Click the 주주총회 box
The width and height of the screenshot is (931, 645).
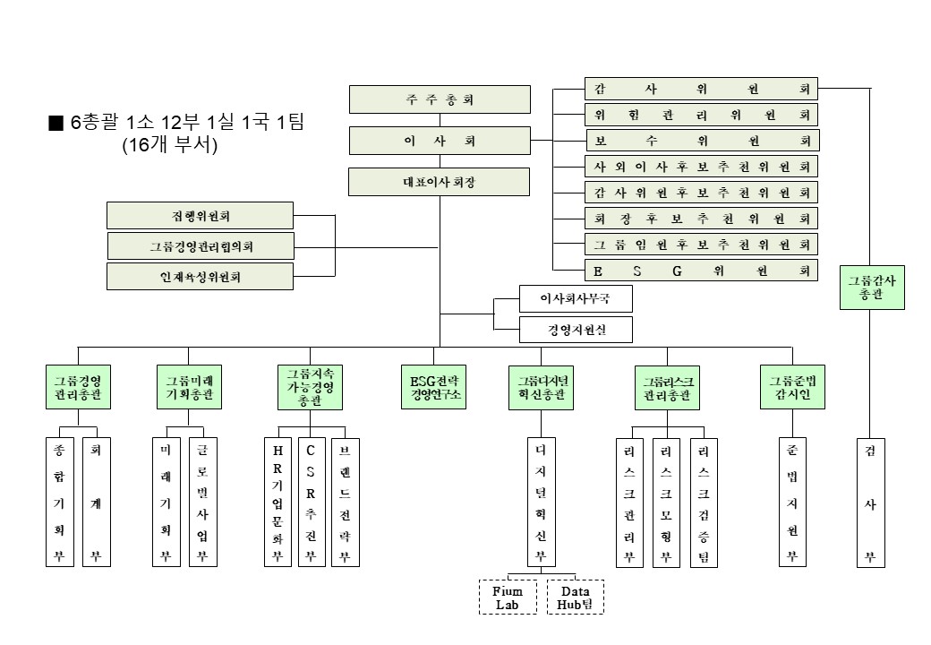tap(439, 99)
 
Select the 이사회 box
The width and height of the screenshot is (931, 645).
tap(439, 141)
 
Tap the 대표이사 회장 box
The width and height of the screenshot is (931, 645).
tap(439, 182)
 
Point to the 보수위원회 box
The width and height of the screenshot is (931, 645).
tap(702, 141)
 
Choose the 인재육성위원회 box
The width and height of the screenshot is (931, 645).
tap(200, 276)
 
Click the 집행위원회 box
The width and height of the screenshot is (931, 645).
tap(200, 215)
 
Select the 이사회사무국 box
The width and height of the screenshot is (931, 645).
tap(576, 297)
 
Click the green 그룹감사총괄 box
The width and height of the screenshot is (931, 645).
tap(872, 287)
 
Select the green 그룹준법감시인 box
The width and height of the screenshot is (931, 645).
tap(792, 387)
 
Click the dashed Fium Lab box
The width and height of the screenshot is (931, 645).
tap(508, 597)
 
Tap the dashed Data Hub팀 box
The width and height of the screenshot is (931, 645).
tap(575, 597)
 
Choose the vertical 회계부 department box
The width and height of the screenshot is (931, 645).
tap(96, 502)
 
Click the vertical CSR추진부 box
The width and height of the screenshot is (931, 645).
tap(311, 502)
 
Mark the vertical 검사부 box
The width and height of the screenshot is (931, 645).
tap(868, 502)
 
